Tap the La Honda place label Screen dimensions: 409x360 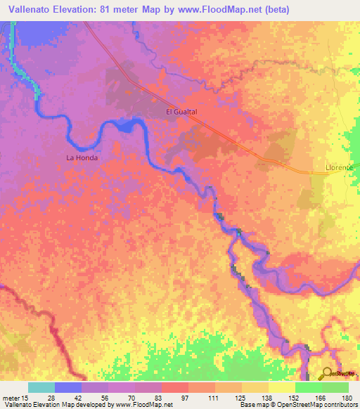tap(82, 158)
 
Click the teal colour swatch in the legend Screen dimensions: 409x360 tap(41, 387)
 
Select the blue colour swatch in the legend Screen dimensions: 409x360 tap(67, 387)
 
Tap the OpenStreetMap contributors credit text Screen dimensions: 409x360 tap(318, 405)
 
